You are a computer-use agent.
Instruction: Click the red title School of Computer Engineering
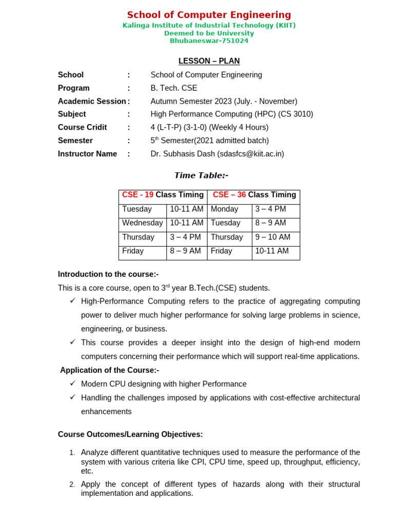coord(209,15)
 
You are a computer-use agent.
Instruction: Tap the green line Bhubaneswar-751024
coord(209,41)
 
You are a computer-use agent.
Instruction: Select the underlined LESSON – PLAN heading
coord(209,61)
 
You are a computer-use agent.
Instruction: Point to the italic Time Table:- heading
coord(201,175)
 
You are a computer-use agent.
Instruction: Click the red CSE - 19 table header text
coord(137,195)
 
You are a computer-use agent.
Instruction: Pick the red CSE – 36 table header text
coord(229,195)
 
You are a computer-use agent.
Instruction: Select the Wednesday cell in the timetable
coord(142,223)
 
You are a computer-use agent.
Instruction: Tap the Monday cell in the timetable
coord(224,209)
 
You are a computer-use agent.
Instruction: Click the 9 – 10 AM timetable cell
coord(272,237)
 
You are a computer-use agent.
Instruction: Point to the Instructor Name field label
coord(87,154)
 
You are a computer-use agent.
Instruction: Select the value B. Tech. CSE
coord(174,88)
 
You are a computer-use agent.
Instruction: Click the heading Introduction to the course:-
coord(108,274)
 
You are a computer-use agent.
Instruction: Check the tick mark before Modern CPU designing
coord(73,383)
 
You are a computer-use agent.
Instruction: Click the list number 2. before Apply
coord(72,484)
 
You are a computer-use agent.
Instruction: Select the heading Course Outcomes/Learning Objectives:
coord(130,434)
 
